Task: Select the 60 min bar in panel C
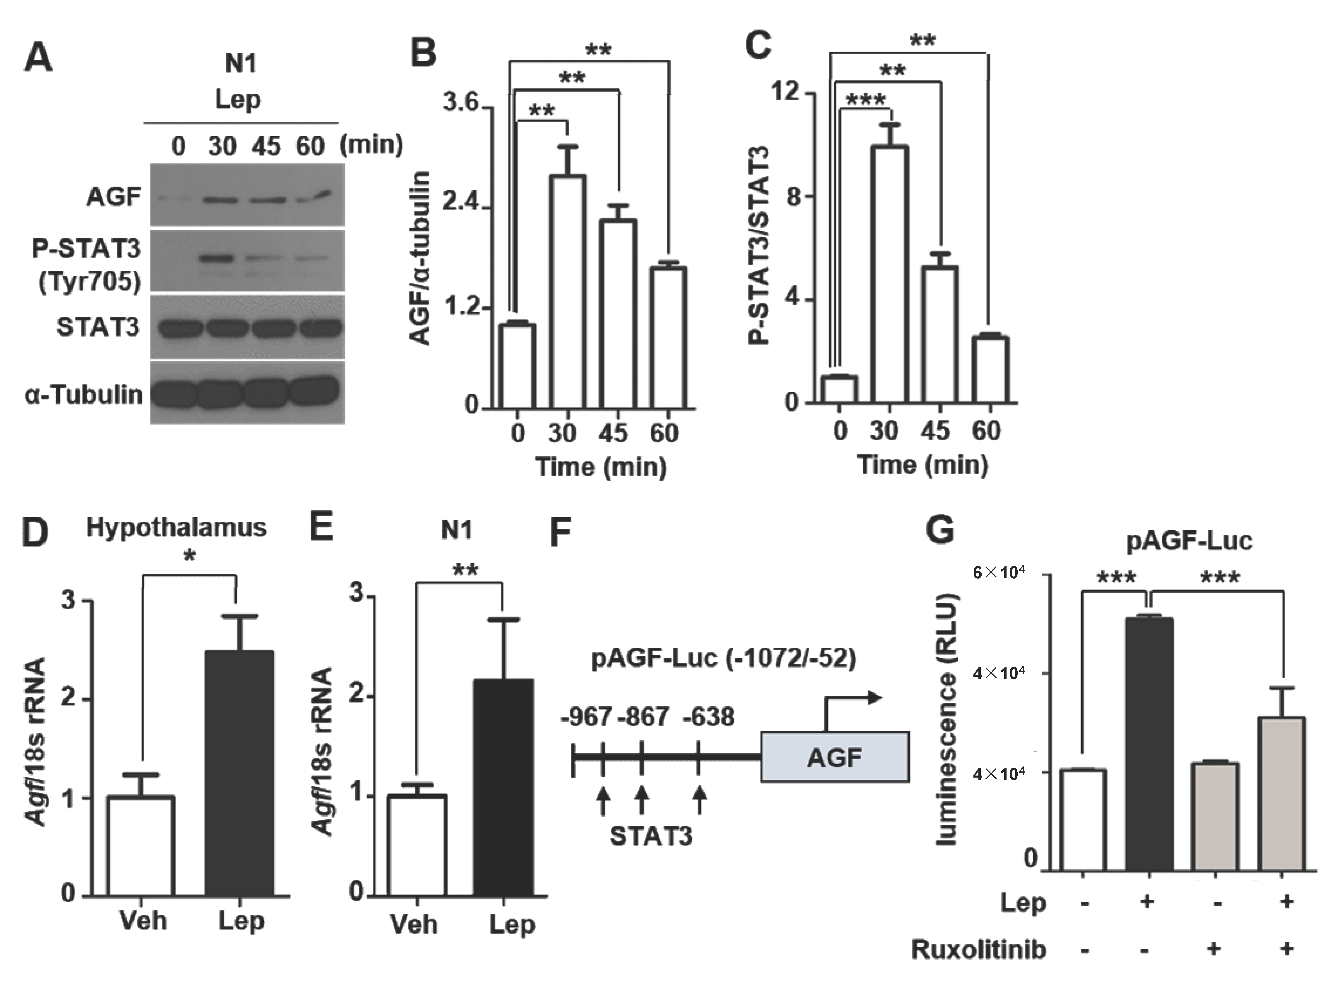[x=990, y=369]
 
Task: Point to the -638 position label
[x=708, y=717]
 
